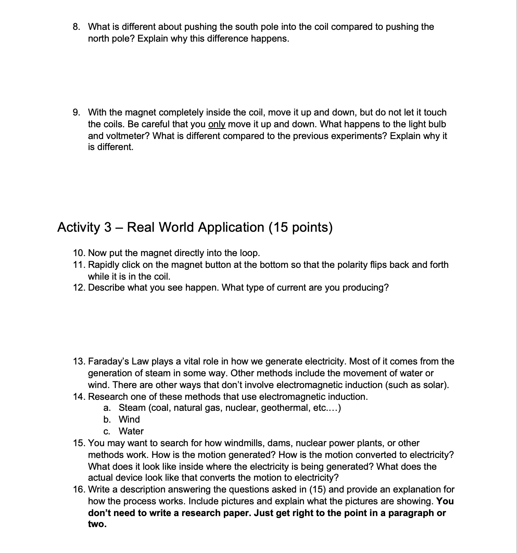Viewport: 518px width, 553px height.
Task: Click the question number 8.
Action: coord(77,27)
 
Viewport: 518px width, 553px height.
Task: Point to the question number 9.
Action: coord(77,113)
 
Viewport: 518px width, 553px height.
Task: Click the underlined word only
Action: coord(217,125)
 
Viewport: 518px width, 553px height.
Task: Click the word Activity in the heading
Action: coord(79,227)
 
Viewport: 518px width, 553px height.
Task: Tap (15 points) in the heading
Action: coord(301,227)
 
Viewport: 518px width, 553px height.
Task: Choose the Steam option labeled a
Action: coord(132,408)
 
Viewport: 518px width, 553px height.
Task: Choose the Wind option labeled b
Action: coord(129,419)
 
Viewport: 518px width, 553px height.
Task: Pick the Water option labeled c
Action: coord(131,431)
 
